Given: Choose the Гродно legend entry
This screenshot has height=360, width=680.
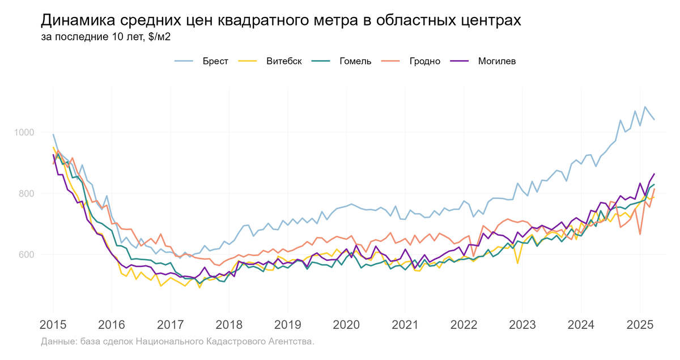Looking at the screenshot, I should point(424,61).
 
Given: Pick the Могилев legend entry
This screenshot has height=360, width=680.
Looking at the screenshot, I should point(496,61).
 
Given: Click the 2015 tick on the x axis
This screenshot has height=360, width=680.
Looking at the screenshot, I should point(53,325).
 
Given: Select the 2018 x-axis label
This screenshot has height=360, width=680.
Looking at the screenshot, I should point(229,325).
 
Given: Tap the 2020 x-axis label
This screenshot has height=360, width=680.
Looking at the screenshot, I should point(346,325).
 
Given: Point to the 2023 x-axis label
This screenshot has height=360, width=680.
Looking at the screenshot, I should point(522,325).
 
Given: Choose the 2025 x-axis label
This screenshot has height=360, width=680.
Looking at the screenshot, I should point(640,325).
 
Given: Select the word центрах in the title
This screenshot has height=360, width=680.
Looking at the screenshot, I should point(486,20).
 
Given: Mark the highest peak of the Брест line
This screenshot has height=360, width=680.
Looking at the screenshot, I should point(645,107).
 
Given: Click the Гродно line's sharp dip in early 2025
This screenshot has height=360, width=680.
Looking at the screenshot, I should point(640,234).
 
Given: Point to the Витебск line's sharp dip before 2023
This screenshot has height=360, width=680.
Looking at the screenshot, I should point(517,263).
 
